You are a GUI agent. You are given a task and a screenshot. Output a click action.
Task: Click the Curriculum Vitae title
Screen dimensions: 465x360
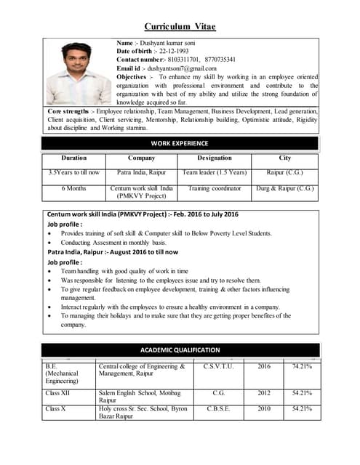click(x=180, y=27)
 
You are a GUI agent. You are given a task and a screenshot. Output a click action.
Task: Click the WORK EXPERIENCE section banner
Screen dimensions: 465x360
click(x=180, y=143)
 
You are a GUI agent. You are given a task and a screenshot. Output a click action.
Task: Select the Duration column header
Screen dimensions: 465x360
click(x=74, y=158)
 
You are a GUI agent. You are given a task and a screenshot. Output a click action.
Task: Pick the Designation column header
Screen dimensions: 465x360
click(x=215, y=158)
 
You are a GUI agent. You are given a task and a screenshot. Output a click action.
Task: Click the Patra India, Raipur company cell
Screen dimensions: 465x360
click(x=141, y=173)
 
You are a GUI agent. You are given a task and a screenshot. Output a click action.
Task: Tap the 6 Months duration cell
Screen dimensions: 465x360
click(x=74, y=188)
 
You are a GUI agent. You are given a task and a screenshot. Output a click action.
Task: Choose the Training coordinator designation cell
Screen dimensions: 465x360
click(x=215, y=188)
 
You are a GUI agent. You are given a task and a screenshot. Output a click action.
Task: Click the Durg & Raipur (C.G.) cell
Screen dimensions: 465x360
click(x=285, y=188)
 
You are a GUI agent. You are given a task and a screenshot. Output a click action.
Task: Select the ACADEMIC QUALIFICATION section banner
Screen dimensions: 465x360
click(x=180, y=349)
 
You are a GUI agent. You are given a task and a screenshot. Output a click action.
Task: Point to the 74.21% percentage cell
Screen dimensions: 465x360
click(x=302, y=367)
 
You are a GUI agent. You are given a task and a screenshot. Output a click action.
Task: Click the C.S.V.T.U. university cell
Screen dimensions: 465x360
click(x=218, y=367)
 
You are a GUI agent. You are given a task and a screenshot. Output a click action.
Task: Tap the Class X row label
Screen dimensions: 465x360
click(x=55, y=409)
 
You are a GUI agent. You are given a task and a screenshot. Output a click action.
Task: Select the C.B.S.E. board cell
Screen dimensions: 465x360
click(x=218, y=409)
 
